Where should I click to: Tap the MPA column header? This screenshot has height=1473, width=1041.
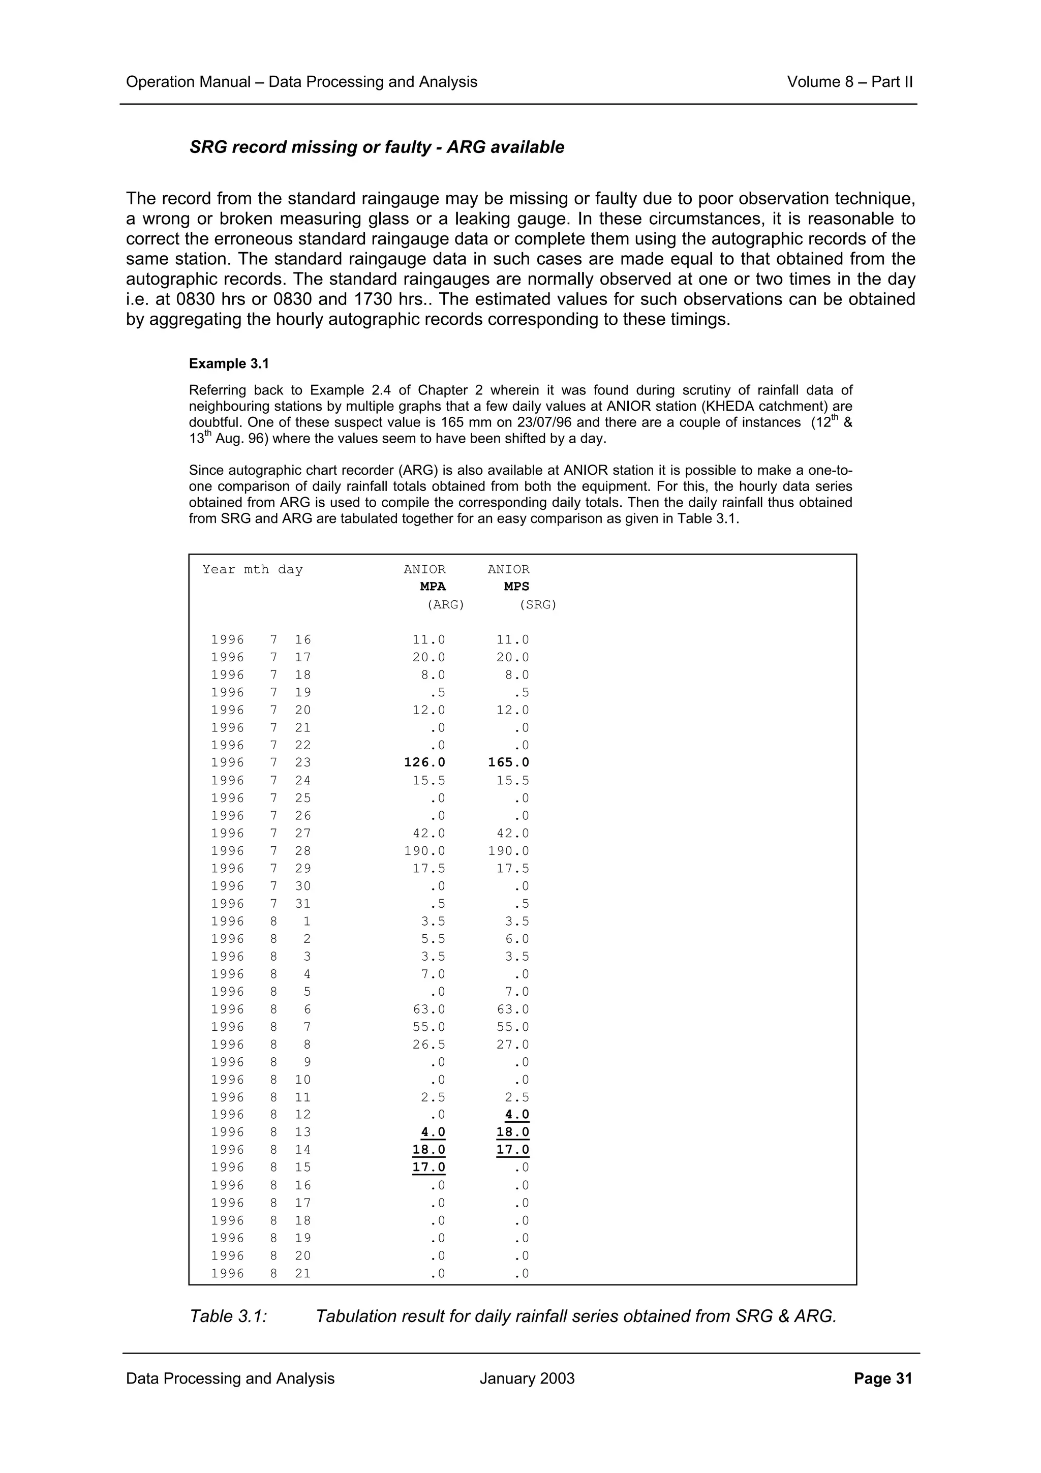[x=433, y=587]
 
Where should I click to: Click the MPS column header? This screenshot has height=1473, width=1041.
[x=516, y=587]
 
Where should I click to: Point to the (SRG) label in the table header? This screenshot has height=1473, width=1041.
[x=537, y=604]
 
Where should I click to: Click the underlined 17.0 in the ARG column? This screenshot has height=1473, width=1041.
[x=428, y=1167]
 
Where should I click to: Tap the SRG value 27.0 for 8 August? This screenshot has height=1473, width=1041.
[x=512, y=1045]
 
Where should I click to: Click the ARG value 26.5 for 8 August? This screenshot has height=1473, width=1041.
[x=428, y=1045]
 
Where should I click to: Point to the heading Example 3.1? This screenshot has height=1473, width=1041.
[x=229, y=364]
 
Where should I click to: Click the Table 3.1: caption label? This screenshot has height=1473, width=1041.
[x=228, y=1316]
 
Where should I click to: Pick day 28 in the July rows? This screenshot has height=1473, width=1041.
[x=303, y=851]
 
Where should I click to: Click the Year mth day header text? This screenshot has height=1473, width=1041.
[x=253, y=570]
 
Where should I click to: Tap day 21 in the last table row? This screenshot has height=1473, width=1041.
[x=303, y=1273]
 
